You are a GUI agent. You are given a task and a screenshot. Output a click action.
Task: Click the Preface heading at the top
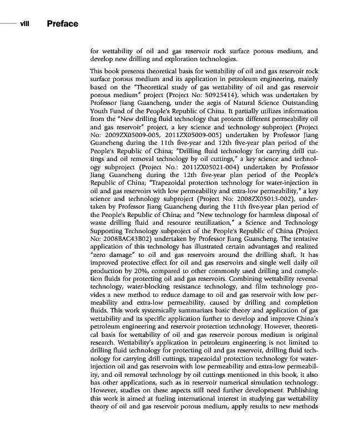(62, 23)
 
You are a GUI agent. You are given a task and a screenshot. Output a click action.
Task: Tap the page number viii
(24, 23)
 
